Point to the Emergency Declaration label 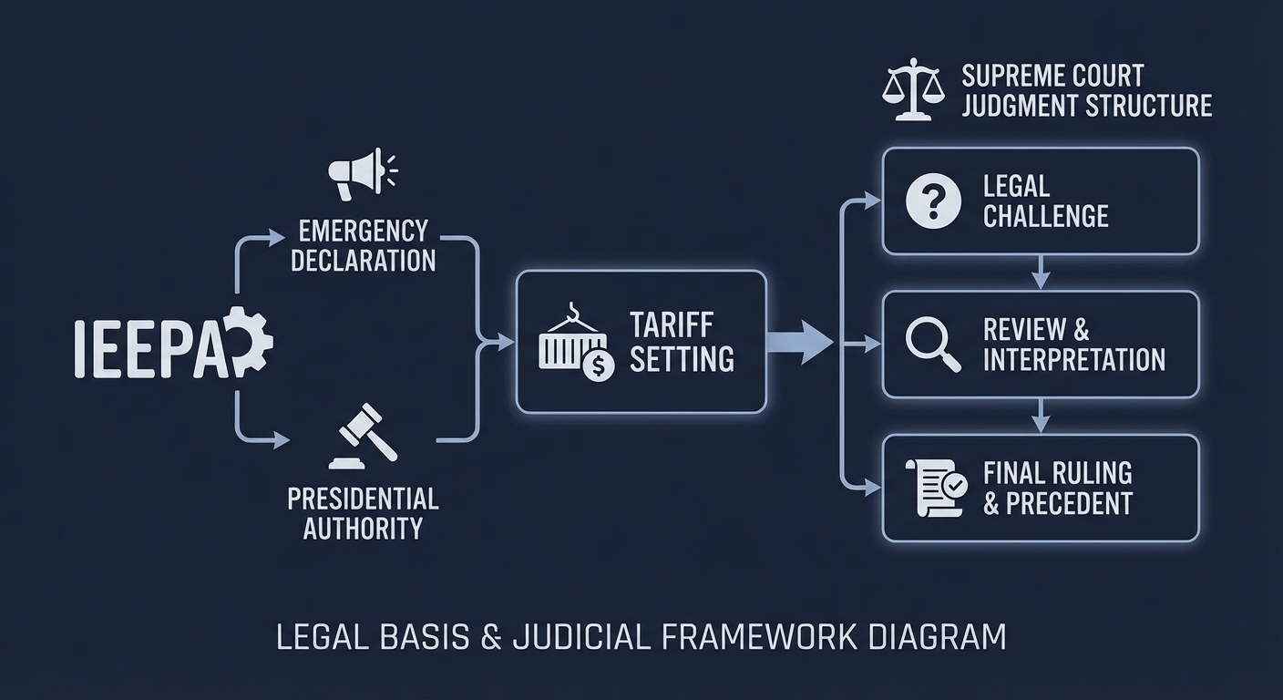pos(364,244)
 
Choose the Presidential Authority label pos(363,512)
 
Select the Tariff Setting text pos(682,342)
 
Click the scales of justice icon pos(913,90)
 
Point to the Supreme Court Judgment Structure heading pos(1086,90)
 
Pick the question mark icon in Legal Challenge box pos(934,201)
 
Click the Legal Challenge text pos(1045,201)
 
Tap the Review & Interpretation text pos(1073,345)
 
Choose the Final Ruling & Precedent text pos(1057,488)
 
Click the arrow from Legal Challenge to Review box pos(1041,273)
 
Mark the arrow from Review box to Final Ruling pos(1041,417)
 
